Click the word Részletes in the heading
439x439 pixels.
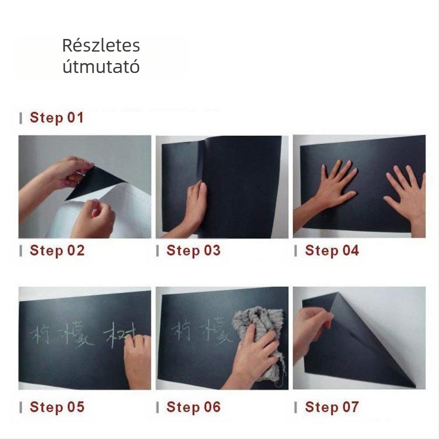tap(100, 46)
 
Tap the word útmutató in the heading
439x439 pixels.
tap(100, 67)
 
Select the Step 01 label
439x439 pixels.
tap(57, 117)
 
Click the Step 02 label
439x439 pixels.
tap(57, 251)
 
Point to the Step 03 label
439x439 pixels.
tap(193, 251)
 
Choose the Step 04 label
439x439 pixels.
tap(331, 251)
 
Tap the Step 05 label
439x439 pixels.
tap(57, 407)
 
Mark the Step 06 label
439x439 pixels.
tap(193, 407)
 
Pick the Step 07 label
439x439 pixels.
tap(331, 407)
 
